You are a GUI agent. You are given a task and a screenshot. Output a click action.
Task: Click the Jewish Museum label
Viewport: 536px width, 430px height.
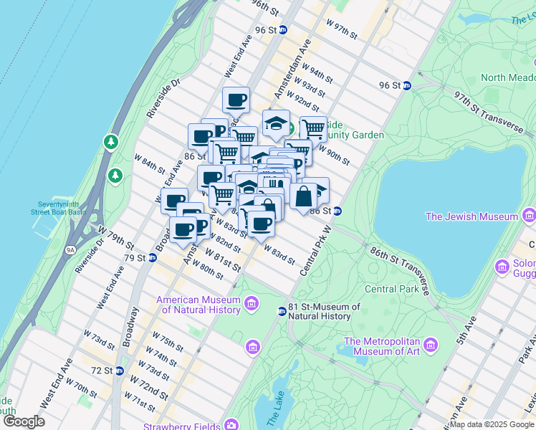[x=472, y=216]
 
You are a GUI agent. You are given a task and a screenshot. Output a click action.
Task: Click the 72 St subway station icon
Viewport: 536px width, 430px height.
[x=120, y=371]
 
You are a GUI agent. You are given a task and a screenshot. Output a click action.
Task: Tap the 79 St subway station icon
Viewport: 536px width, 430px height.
[x=152, y=258]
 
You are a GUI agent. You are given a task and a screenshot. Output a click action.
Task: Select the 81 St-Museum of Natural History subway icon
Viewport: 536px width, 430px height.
[x=282, y=310]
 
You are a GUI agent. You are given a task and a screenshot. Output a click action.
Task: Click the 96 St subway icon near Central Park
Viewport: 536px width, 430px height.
[x=407, y=85]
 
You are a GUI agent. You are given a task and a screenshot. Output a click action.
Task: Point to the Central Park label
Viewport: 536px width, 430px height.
[x=391, y=290]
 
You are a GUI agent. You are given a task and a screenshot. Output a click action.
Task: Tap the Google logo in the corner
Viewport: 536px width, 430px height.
[x=24, y=421]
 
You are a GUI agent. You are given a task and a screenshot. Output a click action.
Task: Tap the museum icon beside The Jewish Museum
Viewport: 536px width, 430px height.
[x=529, y=215]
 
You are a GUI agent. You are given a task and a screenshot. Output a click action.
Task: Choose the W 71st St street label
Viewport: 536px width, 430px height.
[x=140, y=401]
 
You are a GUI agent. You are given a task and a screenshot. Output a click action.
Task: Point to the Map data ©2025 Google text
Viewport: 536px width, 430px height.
[x=492, y=424]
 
